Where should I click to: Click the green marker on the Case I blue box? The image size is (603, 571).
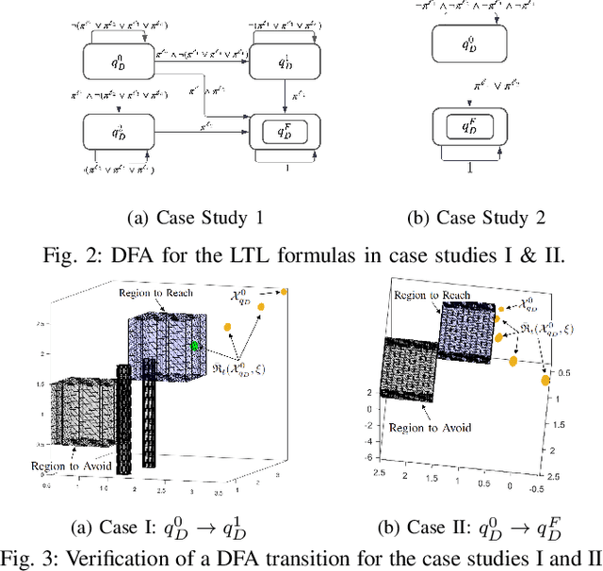tap(195, 346)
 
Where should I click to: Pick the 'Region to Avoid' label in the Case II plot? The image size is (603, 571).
tap(425, 427)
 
